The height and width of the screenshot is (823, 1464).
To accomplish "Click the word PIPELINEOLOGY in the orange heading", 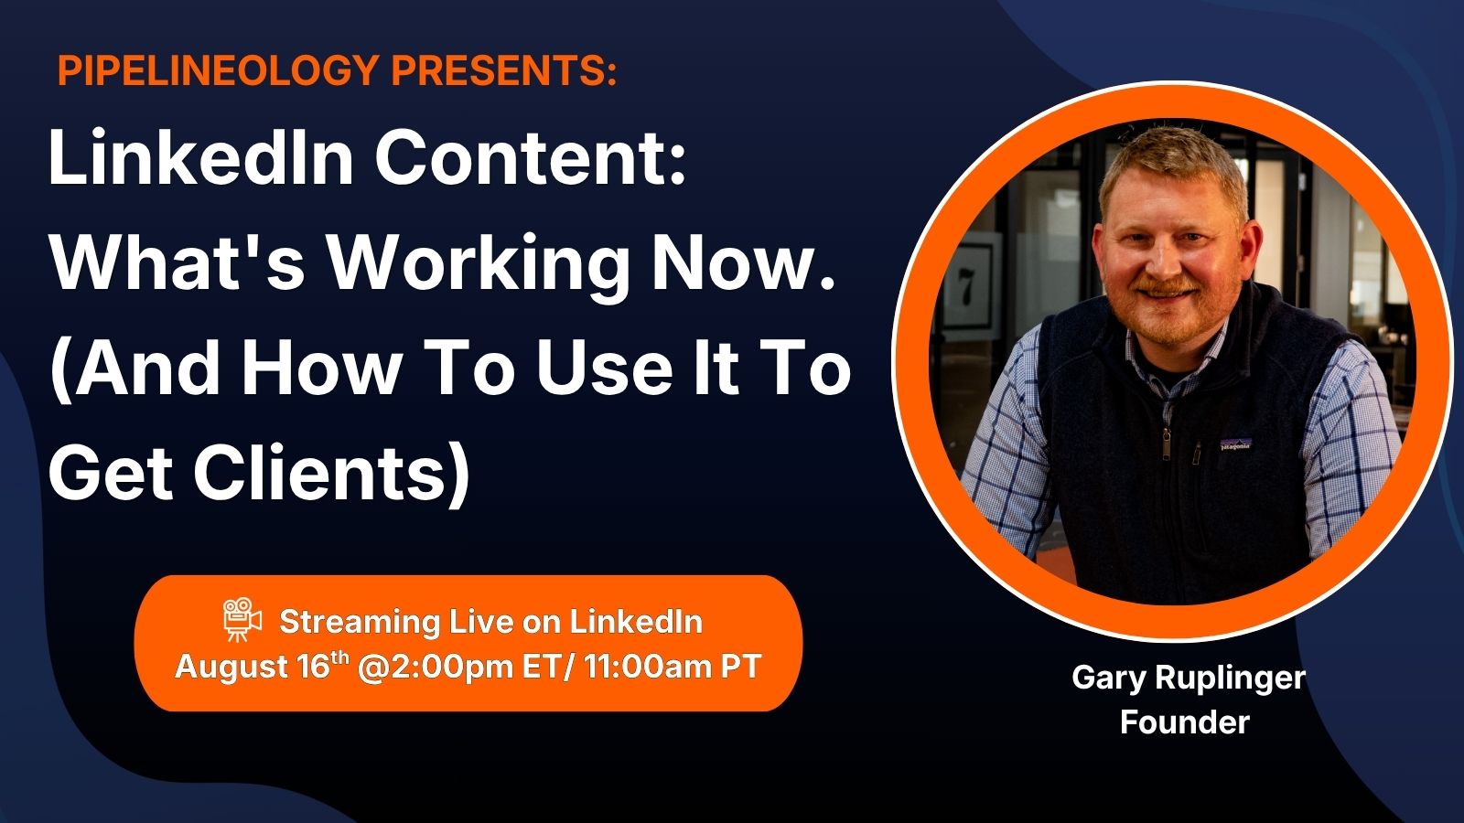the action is pyautogui.click(x=219, y=69).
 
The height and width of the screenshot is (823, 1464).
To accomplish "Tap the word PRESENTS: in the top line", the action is pyautogui.click(x=504, y=69).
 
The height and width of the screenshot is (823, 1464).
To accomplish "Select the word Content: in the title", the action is pyautogui.click(x=530, y=159).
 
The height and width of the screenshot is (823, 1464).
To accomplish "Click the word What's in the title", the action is pyautogui.click(x=178, y=262).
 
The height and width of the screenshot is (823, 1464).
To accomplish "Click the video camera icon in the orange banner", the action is pyautogui.click(x=242, y=618).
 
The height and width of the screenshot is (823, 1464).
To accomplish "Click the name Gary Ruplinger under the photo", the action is pyautogui.click(x=1189, y=679).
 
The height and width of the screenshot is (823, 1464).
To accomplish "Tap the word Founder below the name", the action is pyautogui.click(x=1184, y=722).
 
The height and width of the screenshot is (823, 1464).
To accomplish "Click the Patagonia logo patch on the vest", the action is pyautogui.click(x=1235, y=444).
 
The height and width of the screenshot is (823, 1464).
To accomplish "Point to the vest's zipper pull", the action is pyautogui.click(x=1165, y=445).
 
